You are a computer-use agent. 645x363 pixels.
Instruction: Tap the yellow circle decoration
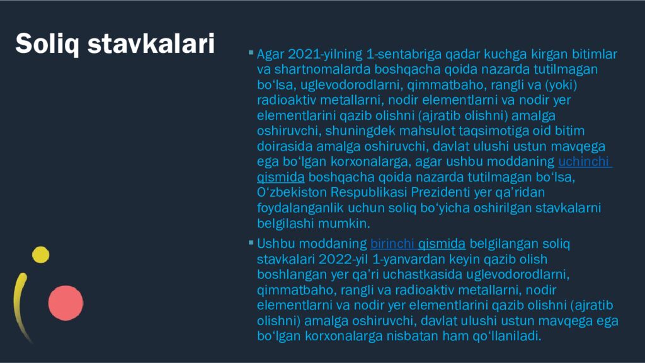pyautogui.click(x=40, y=254)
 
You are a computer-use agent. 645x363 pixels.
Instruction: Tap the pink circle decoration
pyautogui.click(x=66, y=302)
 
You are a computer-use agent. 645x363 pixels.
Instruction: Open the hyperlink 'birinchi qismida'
pyautogui.click(x=418, y=243)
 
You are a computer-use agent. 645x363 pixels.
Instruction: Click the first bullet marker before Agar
pyautogui.click(x=251, y=53)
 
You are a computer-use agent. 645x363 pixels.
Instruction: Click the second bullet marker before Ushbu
pyautogui.click(x=251, y=243)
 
